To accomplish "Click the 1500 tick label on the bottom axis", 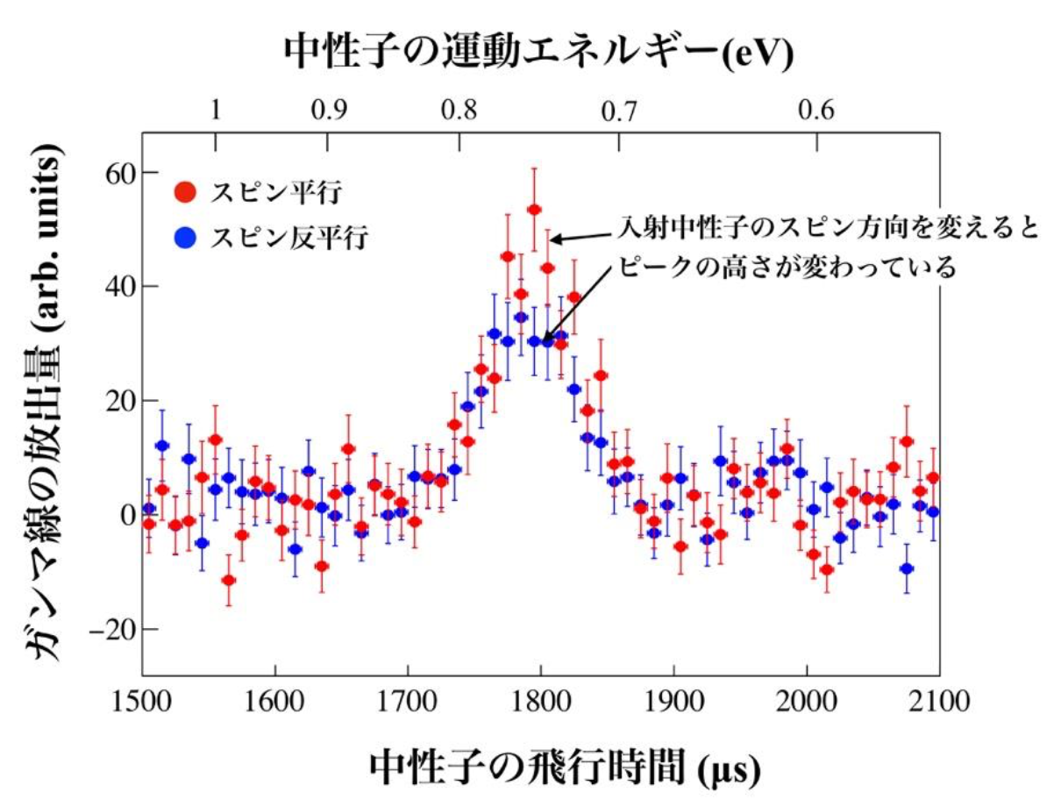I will click(x=143, y=702).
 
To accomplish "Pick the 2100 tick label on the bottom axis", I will click(x=938, y=702).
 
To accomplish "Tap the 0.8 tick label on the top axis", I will click(x=459, y=111).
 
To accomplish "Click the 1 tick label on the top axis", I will click(x=216, y=111).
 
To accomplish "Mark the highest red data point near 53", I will click(x=533, y=209).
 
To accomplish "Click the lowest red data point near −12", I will click(x=229, y=580).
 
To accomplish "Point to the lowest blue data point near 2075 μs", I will click(x=906, y=568).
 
